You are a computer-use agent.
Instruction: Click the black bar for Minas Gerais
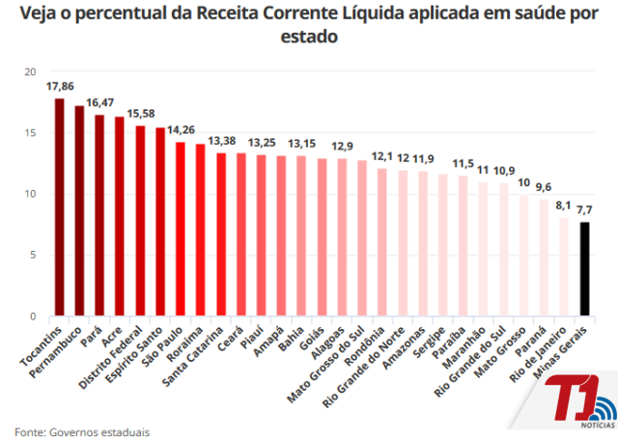(x=584, y=269)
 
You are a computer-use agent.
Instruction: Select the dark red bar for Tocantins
(x=59, y=207)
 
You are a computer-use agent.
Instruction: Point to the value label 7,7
(x=585, y=209)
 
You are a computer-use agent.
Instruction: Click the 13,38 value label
(x=221, y=141)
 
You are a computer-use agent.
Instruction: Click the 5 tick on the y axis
(x=32, y=256)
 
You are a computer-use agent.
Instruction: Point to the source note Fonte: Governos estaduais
(x=82, y=431)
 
